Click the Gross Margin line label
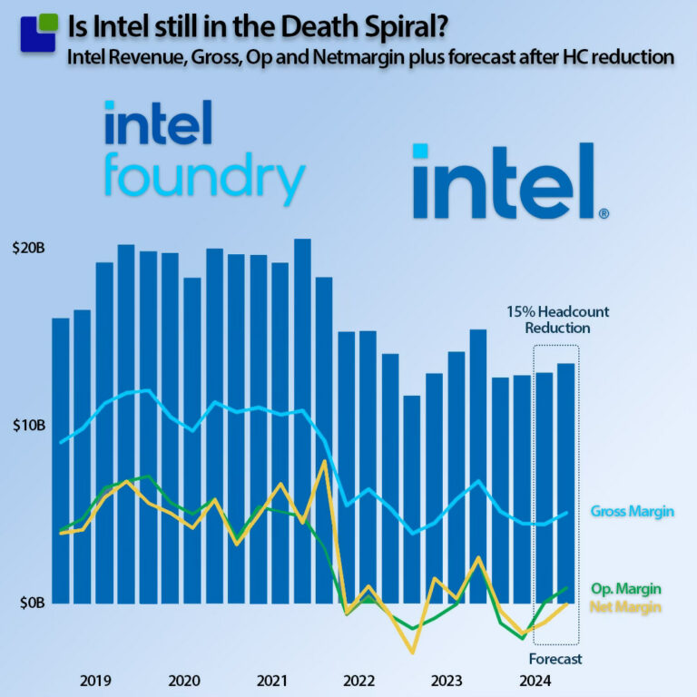(x=632, y=512)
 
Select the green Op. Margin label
(x=624, y=588)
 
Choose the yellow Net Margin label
(x=625, y=606)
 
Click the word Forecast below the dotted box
(x=555, y=659)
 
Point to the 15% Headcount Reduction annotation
(x=557, y=319)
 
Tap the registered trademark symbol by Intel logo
(x=604, y=214)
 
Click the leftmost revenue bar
(x=61, y=460)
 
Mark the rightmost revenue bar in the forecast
(x=564, y=483)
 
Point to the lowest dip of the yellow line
(x=413, y=652)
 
